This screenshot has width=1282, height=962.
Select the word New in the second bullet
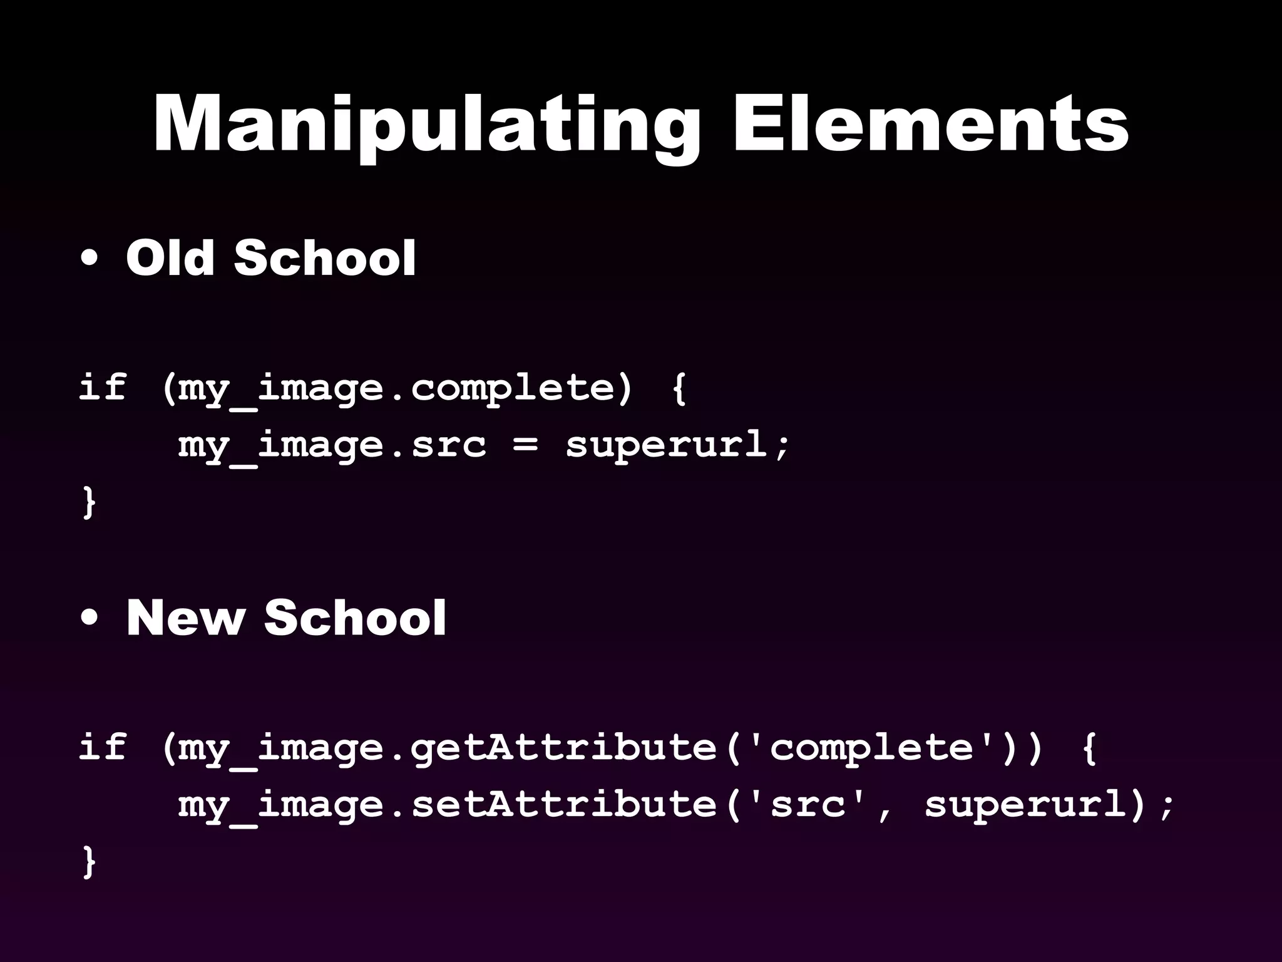click(x=185, y=618)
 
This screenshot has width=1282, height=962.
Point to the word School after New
click(x=355, y=618)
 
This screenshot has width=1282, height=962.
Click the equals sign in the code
click(x=525, y=445)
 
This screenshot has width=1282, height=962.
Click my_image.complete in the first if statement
click(x=396, y=388)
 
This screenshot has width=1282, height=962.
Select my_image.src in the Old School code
click(x=332, y=445)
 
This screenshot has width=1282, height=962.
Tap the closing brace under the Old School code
click(x=89, y=502)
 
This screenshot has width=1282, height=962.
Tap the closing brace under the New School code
click(x=89, y=862)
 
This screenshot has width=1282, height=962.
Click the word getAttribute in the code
click(x=563, y=747)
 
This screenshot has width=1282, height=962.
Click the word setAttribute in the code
click(x=563, y=804)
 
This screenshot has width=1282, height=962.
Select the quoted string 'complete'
click(x=872, y=747)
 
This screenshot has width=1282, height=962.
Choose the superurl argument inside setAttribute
click(x=1027, y=804)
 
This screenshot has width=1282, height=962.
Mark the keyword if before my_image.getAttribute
click(x=102, y=747)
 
